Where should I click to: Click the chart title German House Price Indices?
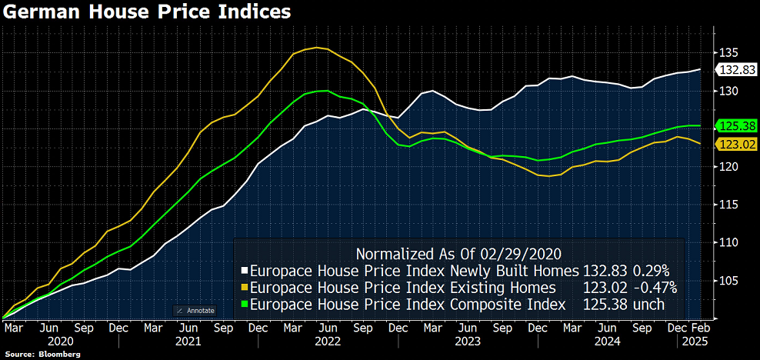coord(146,12)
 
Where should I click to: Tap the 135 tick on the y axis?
coord(729,53)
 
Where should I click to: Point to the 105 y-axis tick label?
coord(729,280)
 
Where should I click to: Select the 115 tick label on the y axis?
coord(729,205)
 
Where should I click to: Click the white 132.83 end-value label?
coord(737,70)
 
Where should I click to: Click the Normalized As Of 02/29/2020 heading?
coord(458,253)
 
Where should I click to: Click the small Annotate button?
coord(195,310)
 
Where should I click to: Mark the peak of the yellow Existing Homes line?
coord(315,48)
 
